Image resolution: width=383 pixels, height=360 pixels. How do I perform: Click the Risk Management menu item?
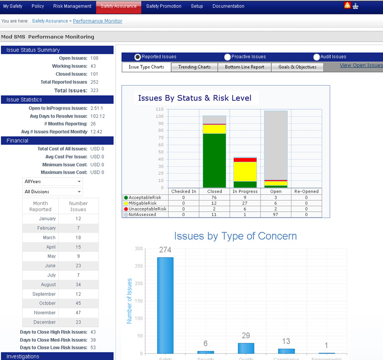72,6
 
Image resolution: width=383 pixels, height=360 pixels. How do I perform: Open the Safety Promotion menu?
164,6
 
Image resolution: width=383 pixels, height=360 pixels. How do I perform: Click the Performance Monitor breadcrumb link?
97,21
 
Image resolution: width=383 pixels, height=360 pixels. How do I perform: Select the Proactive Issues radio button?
227,57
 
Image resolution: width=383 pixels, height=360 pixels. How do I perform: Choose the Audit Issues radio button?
317,57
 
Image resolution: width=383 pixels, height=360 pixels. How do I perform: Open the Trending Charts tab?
194,67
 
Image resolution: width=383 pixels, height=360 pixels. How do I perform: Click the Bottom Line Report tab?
244,67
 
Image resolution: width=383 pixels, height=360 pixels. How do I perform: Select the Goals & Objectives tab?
297,67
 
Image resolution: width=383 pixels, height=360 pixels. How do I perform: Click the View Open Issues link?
361,65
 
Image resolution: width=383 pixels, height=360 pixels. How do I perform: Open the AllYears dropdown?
53,182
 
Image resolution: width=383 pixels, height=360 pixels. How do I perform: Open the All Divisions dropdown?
53,192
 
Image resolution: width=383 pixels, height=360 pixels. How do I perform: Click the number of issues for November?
78,313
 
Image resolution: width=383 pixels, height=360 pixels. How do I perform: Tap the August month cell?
40,284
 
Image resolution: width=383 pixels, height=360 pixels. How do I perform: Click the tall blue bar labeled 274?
165,305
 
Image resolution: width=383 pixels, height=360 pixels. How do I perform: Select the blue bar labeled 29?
246,348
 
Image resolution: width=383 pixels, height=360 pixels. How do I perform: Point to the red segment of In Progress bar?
245,160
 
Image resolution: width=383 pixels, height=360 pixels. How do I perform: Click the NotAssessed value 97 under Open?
276,215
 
